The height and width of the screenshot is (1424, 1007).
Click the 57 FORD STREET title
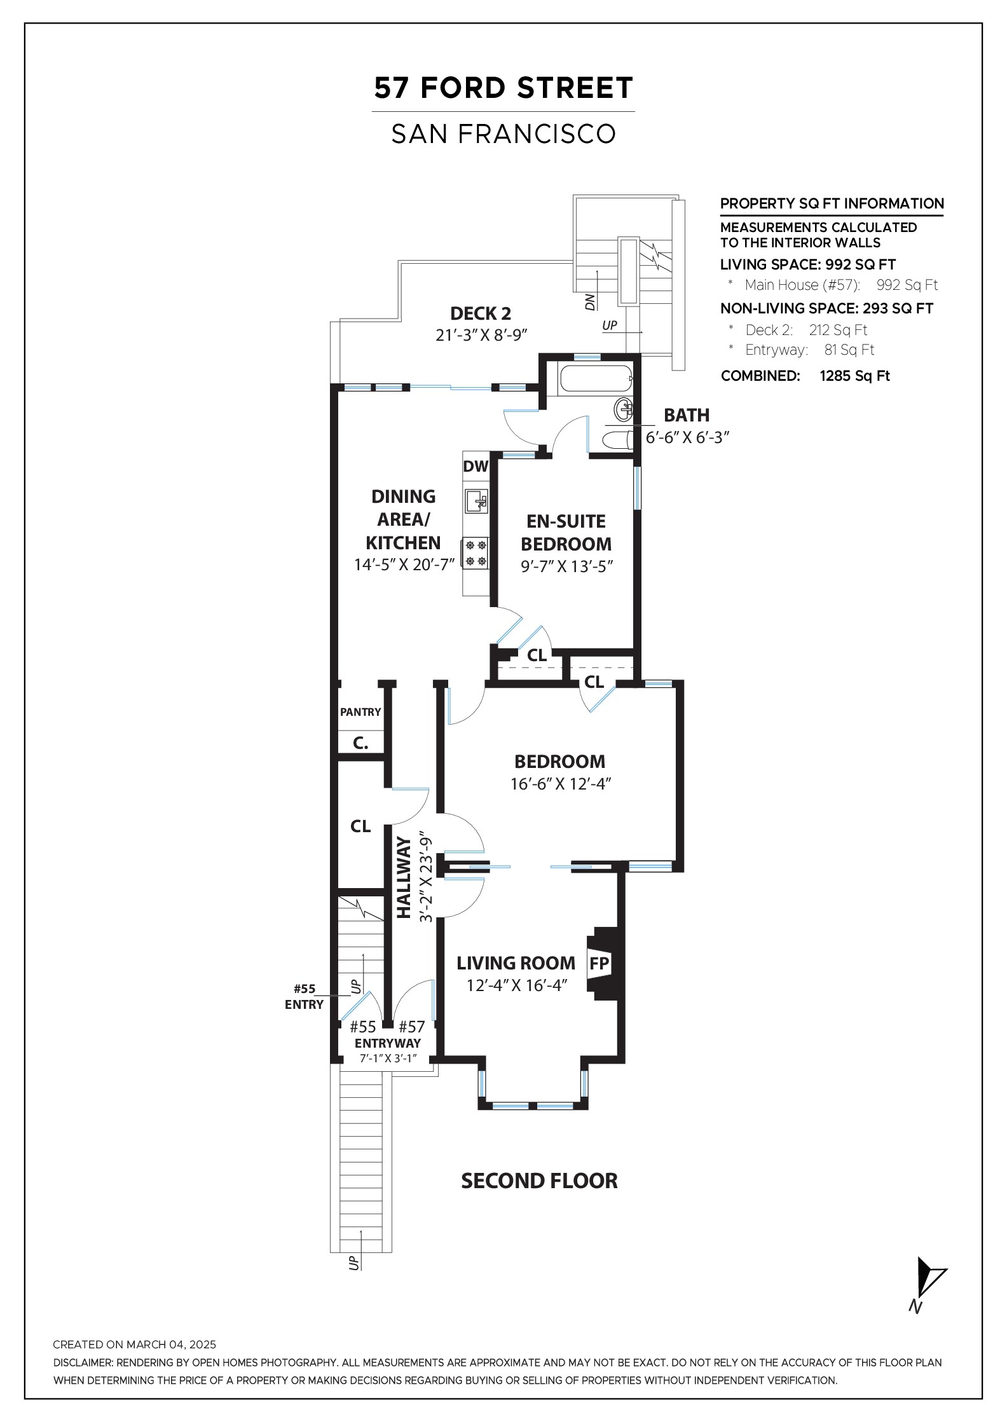point(503,88)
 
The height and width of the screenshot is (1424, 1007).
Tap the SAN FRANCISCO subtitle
point(503,134)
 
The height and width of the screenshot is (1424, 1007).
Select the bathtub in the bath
point(596,379)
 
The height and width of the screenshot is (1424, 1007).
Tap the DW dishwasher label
point(476,467)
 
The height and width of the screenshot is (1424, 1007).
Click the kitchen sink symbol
point(477,500)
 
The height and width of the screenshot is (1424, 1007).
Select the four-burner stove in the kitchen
point(476,552)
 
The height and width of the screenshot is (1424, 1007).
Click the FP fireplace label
point(599,964)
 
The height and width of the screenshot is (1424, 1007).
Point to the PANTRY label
point(360,712)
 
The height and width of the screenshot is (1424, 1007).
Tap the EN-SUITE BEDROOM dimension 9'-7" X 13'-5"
point(566,566)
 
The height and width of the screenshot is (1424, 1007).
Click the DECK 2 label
point(481,313)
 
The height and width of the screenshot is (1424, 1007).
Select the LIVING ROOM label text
point(516,963)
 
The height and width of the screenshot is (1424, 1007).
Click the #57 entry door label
point(411,1027)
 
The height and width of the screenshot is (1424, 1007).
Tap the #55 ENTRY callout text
point(305,997)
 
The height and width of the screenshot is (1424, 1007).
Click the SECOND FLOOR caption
point(539,1181)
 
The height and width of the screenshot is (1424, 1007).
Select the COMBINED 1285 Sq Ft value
point(854,376)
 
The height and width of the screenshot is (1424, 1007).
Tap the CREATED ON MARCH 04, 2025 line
point(135,1345)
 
